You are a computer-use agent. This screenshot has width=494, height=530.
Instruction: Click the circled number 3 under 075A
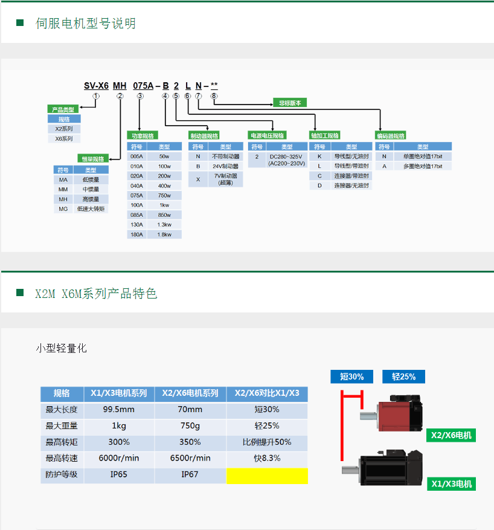pos(140,96)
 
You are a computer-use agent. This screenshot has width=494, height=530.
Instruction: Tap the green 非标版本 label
pos(290,103)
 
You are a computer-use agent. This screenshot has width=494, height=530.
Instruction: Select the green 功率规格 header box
pos(143,136)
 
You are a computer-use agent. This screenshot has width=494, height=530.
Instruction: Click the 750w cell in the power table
pos(164,195)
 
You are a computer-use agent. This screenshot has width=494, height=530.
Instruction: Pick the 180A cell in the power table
pos(136,234)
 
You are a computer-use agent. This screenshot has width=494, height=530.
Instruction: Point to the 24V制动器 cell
pos(225,166)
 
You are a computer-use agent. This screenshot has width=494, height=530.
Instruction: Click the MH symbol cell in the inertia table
pos(63,199)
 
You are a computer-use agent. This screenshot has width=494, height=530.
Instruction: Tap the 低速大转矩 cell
pos(91,209)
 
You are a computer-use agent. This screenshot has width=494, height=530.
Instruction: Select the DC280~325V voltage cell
pos(287,160)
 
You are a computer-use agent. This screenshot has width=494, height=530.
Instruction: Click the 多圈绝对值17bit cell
pos(423,166)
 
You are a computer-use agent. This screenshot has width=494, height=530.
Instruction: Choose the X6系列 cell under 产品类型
pos(64,138)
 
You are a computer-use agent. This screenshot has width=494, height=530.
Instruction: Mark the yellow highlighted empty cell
pos(267,476)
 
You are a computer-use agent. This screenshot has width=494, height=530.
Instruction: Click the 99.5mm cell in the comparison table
pos(119,410)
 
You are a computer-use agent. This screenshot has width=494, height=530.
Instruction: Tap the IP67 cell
pos(190,474)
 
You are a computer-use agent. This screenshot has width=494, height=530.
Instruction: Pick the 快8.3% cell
pos(267,458)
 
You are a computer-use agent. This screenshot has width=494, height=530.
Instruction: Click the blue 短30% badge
pos(352,376)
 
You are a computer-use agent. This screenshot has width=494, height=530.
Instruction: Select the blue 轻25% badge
pos(403,376)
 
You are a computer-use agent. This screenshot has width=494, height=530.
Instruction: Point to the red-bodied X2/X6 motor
pos(392,413)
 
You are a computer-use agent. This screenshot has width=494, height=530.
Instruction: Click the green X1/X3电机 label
pos(452,484)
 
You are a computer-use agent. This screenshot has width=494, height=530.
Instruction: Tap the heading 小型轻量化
pos(62,348)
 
